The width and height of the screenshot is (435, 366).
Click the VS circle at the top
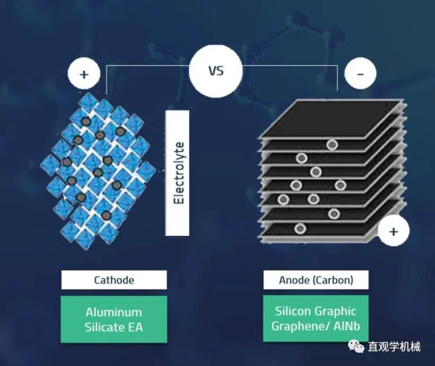point(215,70)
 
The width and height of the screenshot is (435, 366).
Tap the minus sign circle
point(360,74)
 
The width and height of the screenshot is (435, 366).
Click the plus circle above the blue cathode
point(84,74)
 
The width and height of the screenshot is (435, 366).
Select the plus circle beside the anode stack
point(394,231)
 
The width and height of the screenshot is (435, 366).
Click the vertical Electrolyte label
point(178,173)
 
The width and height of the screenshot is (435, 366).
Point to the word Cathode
point(114,280)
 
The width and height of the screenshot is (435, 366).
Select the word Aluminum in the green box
point(114,313)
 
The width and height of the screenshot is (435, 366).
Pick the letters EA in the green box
point(135,327)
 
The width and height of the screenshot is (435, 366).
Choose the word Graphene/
point(301,326)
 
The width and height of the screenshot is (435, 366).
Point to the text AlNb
point(347,326)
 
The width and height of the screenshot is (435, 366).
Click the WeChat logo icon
point(356,346)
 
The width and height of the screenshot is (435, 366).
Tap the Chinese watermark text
point(394,346)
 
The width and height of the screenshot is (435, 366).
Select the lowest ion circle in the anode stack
point(300,229)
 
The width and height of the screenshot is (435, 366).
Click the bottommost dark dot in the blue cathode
point(106,215)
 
